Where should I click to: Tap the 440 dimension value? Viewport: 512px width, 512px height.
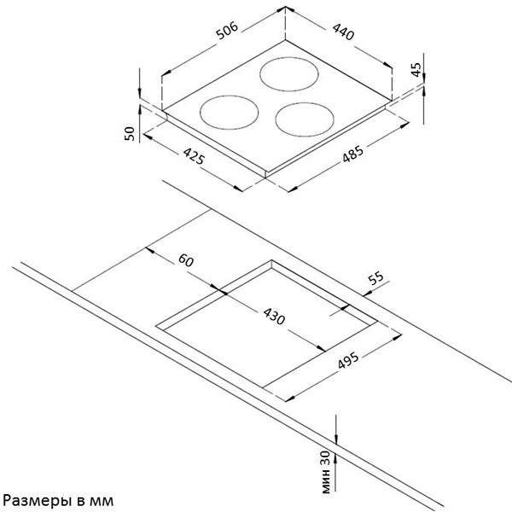342,34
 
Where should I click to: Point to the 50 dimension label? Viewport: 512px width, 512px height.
130,134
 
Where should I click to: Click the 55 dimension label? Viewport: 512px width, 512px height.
376,279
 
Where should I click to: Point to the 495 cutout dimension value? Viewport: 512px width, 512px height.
350,364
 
